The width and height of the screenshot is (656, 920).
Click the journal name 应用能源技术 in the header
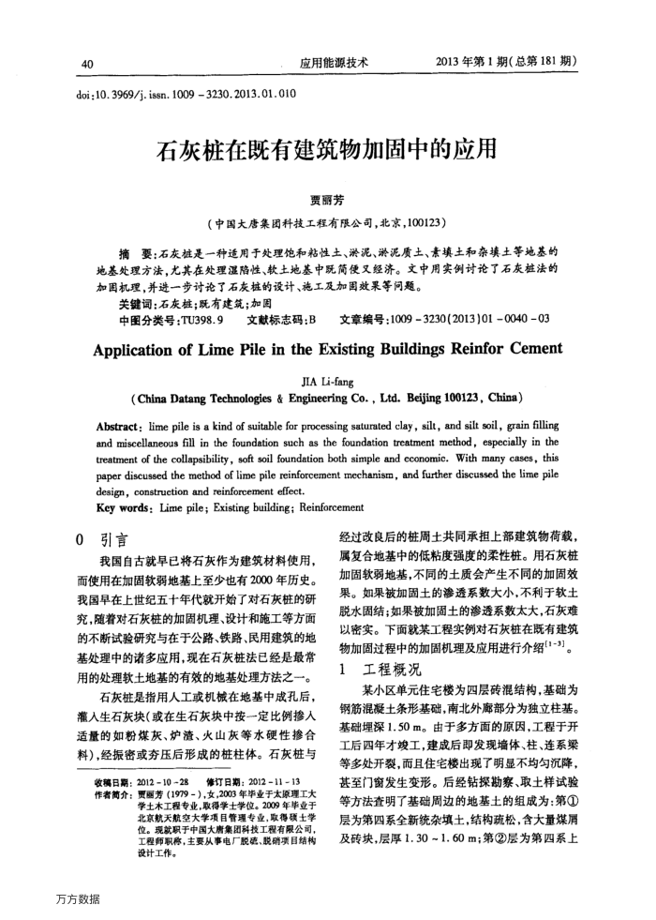click(x=334, y=64)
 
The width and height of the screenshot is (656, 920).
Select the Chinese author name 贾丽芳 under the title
click(x=327, y=199)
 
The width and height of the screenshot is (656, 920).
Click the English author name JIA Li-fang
click(x=327, y=384)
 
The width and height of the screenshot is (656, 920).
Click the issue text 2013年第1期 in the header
click(x=473, y=64)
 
